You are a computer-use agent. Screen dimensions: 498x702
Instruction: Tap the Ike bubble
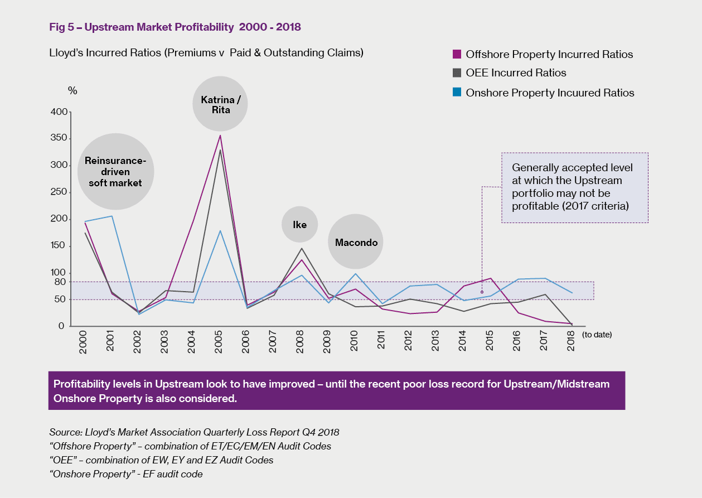[x=299, y=224]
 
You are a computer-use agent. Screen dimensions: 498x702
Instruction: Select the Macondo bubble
[x=356, y=242]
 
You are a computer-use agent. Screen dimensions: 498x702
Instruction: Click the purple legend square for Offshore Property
[x=457, y=54]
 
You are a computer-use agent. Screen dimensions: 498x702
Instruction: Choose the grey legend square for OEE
[x=457, y=72]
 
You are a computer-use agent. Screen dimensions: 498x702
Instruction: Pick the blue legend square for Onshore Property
[x=457, y=93]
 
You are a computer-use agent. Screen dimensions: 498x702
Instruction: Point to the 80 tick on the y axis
[x=61, y=282]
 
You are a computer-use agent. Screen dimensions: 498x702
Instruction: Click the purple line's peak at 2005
[x=220, y=136]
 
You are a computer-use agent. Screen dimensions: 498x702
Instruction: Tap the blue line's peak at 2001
[x=112, y=216]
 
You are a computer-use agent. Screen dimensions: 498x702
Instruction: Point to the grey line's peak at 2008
[x=301, y=249]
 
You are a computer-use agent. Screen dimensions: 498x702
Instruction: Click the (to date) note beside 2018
[x=597, y=335]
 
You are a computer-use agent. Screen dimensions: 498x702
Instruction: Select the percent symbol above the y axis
[x=72, y=90]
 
